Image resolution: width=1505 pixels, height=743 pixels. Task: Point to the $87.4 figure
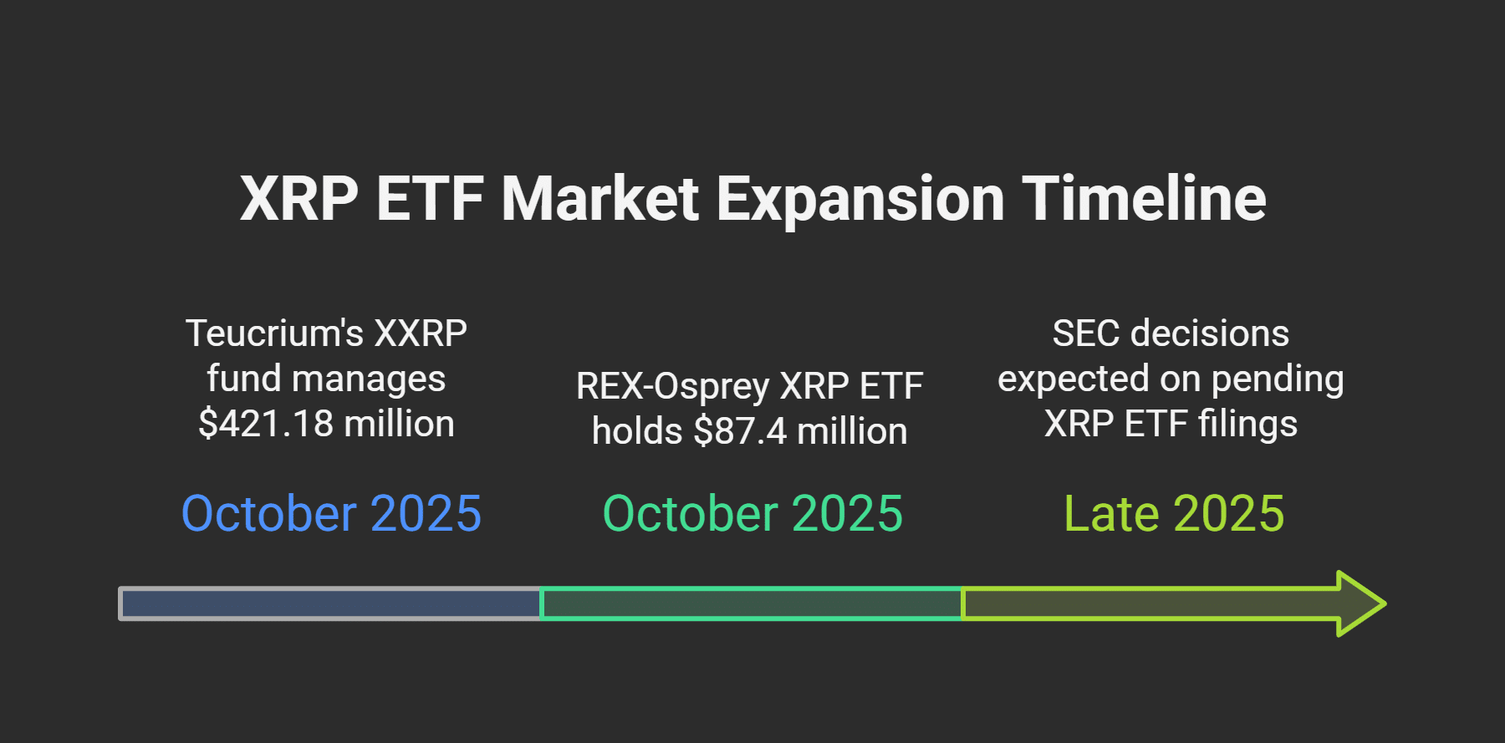pos(740,431)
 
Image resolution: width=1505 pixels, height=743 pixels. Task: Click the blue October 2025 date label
pos(331,513)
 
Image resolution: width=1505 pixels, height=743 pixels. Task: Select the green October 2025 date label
pos(752,513)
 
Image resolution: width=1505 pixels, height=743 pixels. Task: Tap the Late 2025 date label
pos(1174,513)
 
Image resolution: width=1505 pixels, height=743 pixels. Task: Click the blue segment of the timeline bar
pos(330,603)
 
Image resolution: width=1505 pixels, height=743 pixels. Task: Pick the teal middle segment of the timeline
pos(752,603)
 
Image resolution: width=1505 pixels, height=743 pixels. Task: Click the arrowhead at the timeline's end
pos(1361,603)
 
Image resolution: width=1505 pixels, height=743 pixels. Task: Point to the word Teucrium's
pos(274,333)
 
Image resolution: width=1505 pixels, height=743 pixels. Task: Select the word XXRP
pos(421,333)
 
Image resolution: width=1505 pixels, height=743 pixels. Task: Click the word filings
pos(1247,425)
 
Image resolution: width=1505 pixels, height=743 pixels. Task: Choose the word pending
pos(1278,379)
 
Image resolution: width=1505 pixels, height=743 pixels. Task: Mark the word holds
pos(637,431)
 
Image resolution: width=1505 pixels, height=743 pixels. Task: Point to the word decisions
pos(1210,333)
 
